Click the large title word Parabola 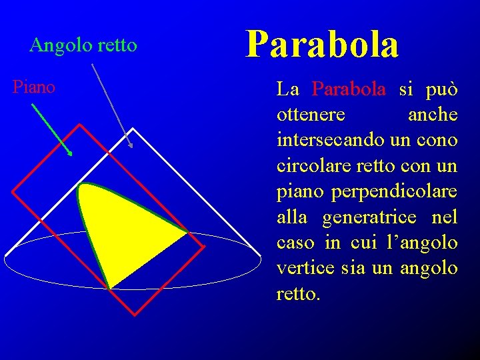[322, 45]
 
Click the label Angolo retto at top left [83, 45]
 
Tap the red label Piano [34, 87]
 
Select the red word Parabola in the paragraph [349, 89]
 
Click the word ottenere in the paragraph [311, 115]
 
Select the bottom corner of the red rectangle [134, 315]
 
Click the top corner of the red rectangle [80, 125]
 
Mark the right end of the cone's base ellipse [260, 260]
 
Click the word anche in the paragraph [432, 115]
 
